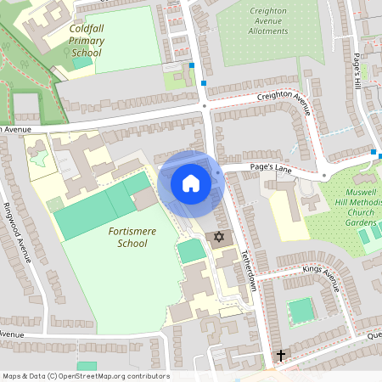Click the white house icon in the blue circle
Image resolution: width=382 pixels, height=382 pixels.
(190, 183)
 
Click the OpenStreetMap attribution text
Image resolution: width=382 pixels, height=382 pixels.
(86, 376)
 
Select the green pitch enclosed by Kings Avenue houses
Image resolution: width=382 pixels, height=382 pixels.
(301, 311)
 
